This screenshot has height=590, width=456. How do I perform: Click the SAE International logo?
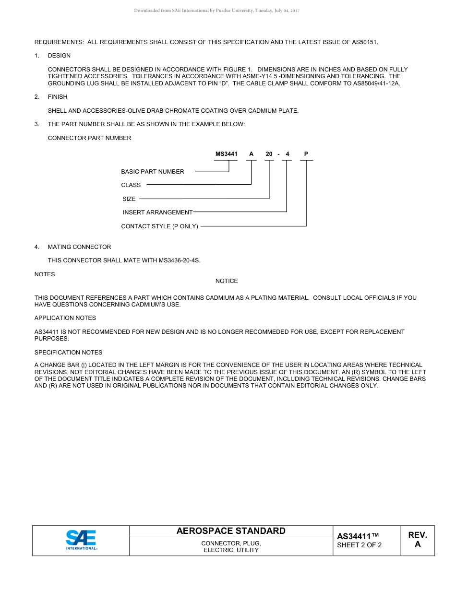tap(81, 540)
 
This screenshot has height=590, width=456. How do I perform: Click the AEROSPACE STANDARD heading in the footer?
tap(231, 531)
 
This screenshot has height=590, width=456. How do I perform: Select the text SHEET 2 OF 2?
tap(359, 545)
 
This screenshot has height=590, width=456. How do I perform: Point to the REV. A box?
tap(417, 540)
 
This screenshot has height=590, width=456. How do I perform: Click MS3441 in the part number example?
tap(226, 154)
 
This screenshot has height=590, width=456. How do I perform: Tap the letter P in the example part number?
tap(306, 154)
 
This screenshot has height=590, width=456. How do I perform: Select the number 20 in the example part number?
tap(269, 154)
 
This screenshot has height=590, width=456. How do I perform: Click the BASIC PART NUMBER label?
tap(153, 171)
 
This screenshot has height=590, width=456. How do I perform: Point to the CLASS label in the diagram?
tap(131, 185)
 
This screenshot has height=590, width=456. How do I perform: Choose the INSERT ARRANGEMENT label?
tap(157, 212)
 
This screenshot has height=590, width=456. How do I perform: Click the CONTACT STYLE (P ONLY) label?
tap(159, 226)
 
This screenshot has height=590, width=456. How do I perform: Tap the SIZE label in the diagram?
tap(129, 199)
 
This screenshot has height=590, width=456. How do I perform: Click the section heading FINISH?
tap(58, 97)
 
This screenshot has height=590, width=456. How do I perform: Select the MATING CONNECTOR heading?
tap(79, 247)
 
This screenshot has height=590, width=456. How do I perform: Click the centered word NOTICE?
tap(227, 281)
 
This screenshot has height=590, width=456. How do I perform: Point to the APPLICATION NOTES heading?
tap(65, 318)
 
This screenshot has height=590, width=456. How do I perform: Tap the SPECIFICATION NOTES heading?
tap(68, 352)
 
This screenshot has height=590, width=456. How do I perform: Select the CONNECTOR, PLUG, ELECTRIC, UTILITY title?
tap(231, 547)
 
